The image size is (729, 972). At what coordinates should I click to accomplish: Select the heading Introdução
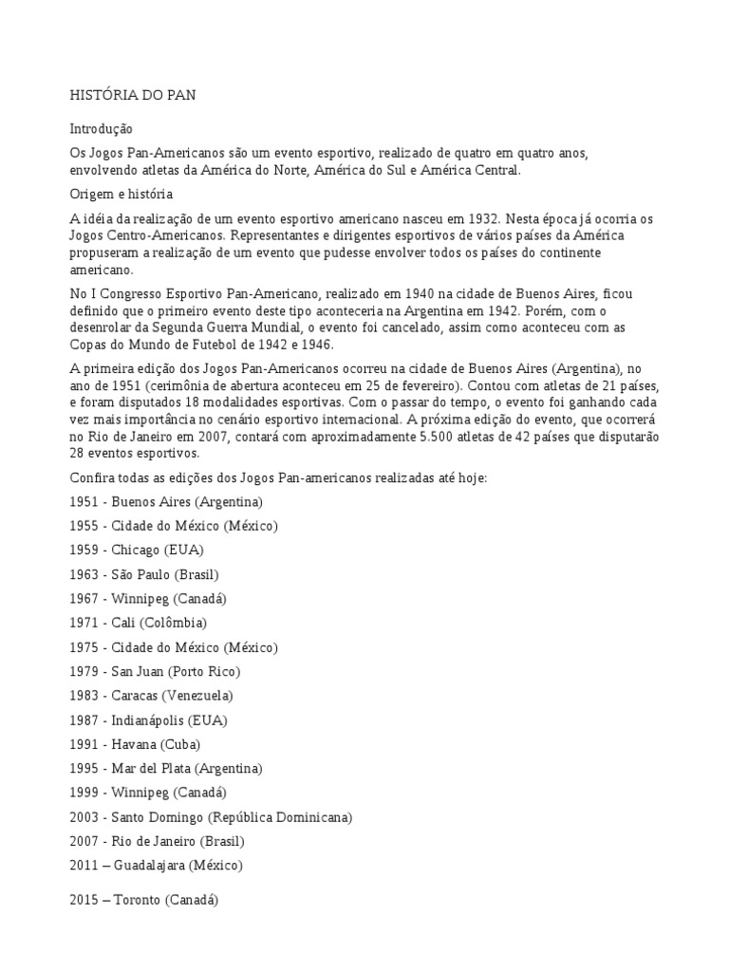click(102, 128)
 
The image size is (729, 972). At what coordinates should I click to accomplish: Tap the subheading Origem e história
click(121, 194)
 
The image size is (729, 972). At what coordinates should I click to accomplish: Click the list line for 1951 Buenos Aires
click(166, 501)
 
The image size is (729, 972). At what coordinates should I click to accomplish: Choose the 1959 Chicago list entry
click(137, 550)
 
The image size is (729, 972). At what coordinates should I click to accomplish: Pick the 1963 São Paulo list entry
click(144, 574)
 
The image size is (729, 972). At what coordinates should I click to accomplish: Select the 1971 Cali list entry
click(138, 623)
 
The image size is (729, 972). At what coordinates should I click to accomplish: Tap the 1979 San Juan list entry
click(155, 671)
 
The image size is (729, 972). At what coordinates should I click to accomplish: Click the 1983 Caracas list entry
click(151, 696)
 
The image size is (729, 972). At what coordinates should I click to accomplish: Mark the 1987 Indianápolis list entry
click(148, 720)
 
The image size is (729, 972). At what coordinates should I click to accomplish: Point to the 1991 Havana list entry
click(135, 744)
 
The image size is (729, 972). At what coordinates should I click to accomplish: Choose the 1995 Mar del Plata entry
click(166, 768)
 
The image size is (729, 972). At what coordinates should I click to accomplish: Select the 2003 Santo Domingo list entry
click(211, 816)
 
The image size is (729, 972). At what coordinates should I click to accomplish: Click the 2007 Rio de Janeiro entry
click(158, 841)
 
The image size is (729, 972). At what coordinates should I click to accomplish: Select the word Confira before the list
click(91, 477)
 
